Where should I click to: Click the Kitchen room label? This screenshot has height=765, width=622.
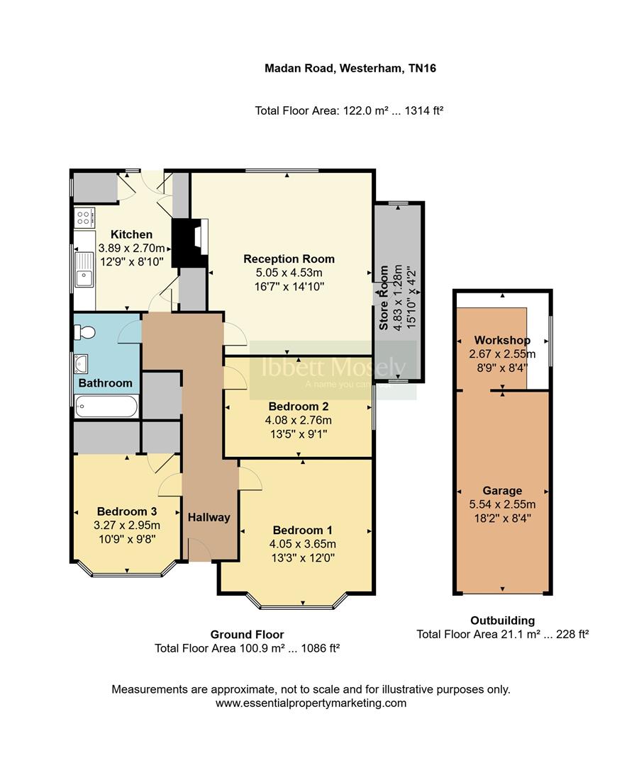(x=131, y=234)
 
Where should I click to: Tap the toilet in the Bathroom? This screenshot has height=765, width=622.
(x=86, y=332)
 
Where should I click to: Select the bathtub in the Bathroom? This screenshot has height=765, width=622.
(x=107, y=407)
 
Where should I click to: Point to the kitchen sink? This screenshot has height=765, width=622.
(x=84, y=269)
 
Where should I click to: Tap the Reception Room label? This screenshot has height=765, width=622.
(x=289, y=259)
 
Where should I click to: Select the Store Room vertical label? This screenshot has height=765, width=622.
(x=384, y=297)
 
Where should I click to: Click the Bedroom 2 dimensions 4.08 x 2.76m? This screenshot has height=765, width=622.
(x=298, y=420)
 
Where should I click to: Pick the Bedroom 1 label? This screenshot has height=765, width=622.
(x=302, y=530)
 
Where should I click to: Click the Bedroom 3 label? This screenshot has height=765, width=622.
(x=126, y=511)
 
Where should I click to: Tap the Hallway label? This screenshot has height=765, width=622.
(x=209, y=517)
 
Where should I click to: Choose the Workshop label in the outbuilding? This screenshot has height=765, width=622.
(x=502, y=340)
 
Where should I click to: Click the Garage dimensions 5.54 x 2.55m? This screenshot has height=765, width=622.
(x=502, y=504)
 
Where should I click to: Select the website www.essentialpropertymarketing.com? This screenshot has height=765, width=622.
(x=311, y=703)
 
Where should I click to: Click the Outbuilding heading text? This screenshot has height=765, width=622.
(x=502, y=620)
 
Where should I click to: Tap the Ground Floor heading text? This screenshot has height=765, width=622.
(x=247, y=635)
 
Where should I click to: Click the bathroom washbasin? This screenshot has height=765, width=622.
(x=82, y=364)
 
